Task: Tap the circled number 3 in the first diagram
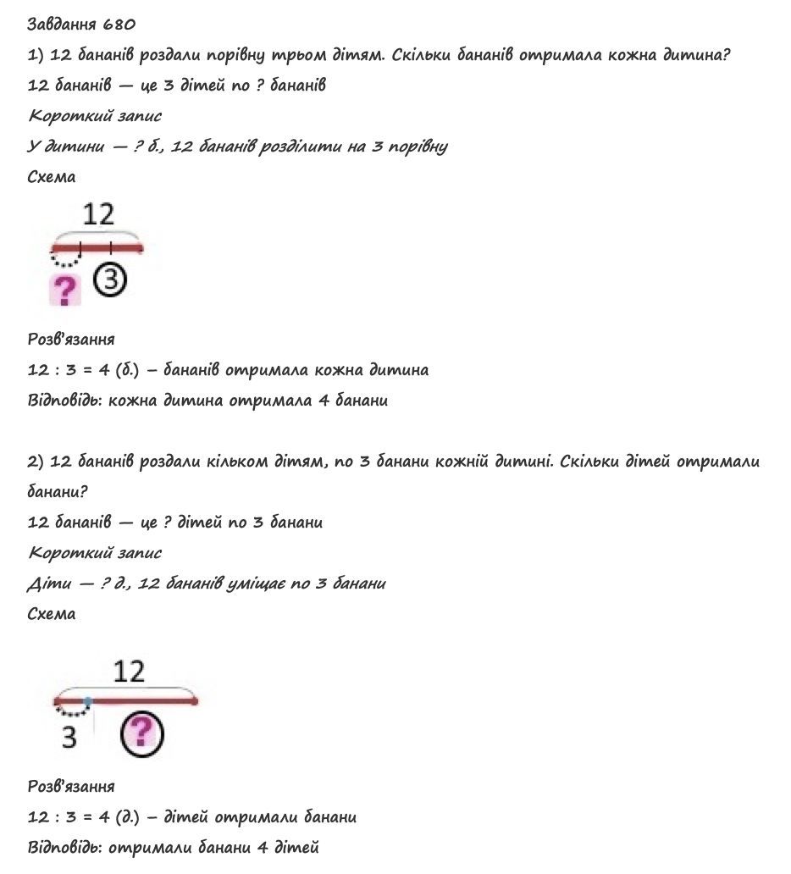110,281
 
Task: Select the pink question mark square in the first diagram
65,290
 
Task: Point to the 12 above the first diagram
98,214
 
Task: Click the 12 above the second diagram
129,672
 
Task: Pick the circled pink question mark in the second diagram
141,733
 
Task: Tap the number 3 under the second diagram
69,738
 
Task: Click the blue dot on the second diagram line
87,701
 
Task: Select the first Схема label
52,177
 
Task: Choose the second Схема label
52,614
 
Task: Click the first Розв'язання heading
71,339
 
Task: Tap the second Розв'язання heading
71,787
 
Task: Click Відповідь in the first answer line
64,401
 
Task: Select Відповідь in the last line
64,847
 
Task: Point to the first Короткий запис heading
95,116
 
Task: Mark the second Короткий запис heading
95,553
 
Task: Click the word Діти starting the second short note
50,584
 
